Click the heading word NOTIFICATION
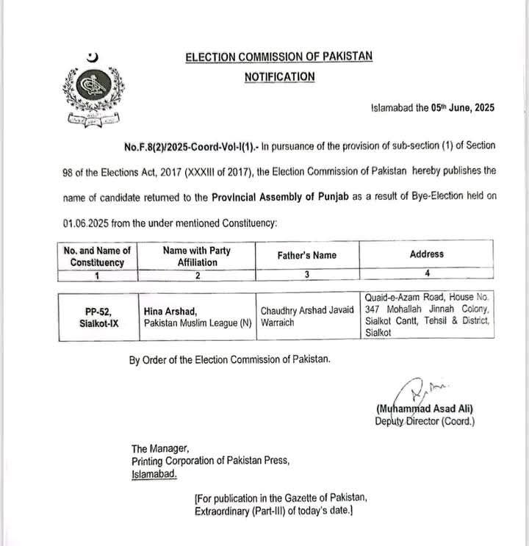(279, 76)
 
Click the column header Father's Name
(307, 255)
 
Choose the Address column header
(427, 254)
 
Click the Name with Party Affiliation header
(197, 256)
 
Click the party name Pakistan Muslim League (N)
(198, 323)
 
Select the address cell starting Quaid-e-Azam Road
(428, 315)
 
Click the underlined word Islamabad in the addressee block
(154, 475)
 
